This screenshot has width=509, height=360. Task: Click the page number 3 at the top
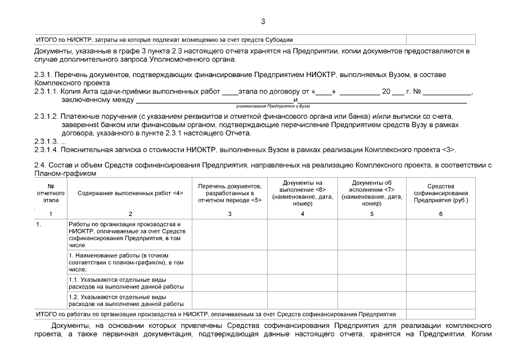(x=263, y=22)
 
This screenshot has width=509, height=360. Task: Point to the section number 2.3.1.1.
(x=47, y=92)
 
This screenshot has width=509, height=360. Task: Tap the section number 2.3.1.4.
(x=47, y=150)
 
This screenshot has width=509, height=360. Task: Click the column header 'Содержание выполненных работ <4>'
(x=130, y=193)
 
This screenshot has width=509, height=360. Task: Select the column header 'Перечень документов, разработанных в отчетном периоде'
(x=229, y=193)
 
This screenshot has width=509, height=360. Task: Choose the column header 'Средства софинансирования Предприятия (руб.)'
(x=440, y=193)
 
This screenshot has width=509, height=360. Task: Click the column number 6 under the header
(x=440, y=214)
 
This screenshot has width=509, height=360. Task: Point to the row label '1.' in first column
(x=38, y=224)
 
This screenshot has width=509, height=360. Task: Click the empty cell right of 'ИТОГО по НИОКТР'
(x=440, y=40)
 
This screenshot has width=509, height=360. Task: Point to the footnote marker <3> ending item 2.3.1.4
(x=449, y=150)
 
